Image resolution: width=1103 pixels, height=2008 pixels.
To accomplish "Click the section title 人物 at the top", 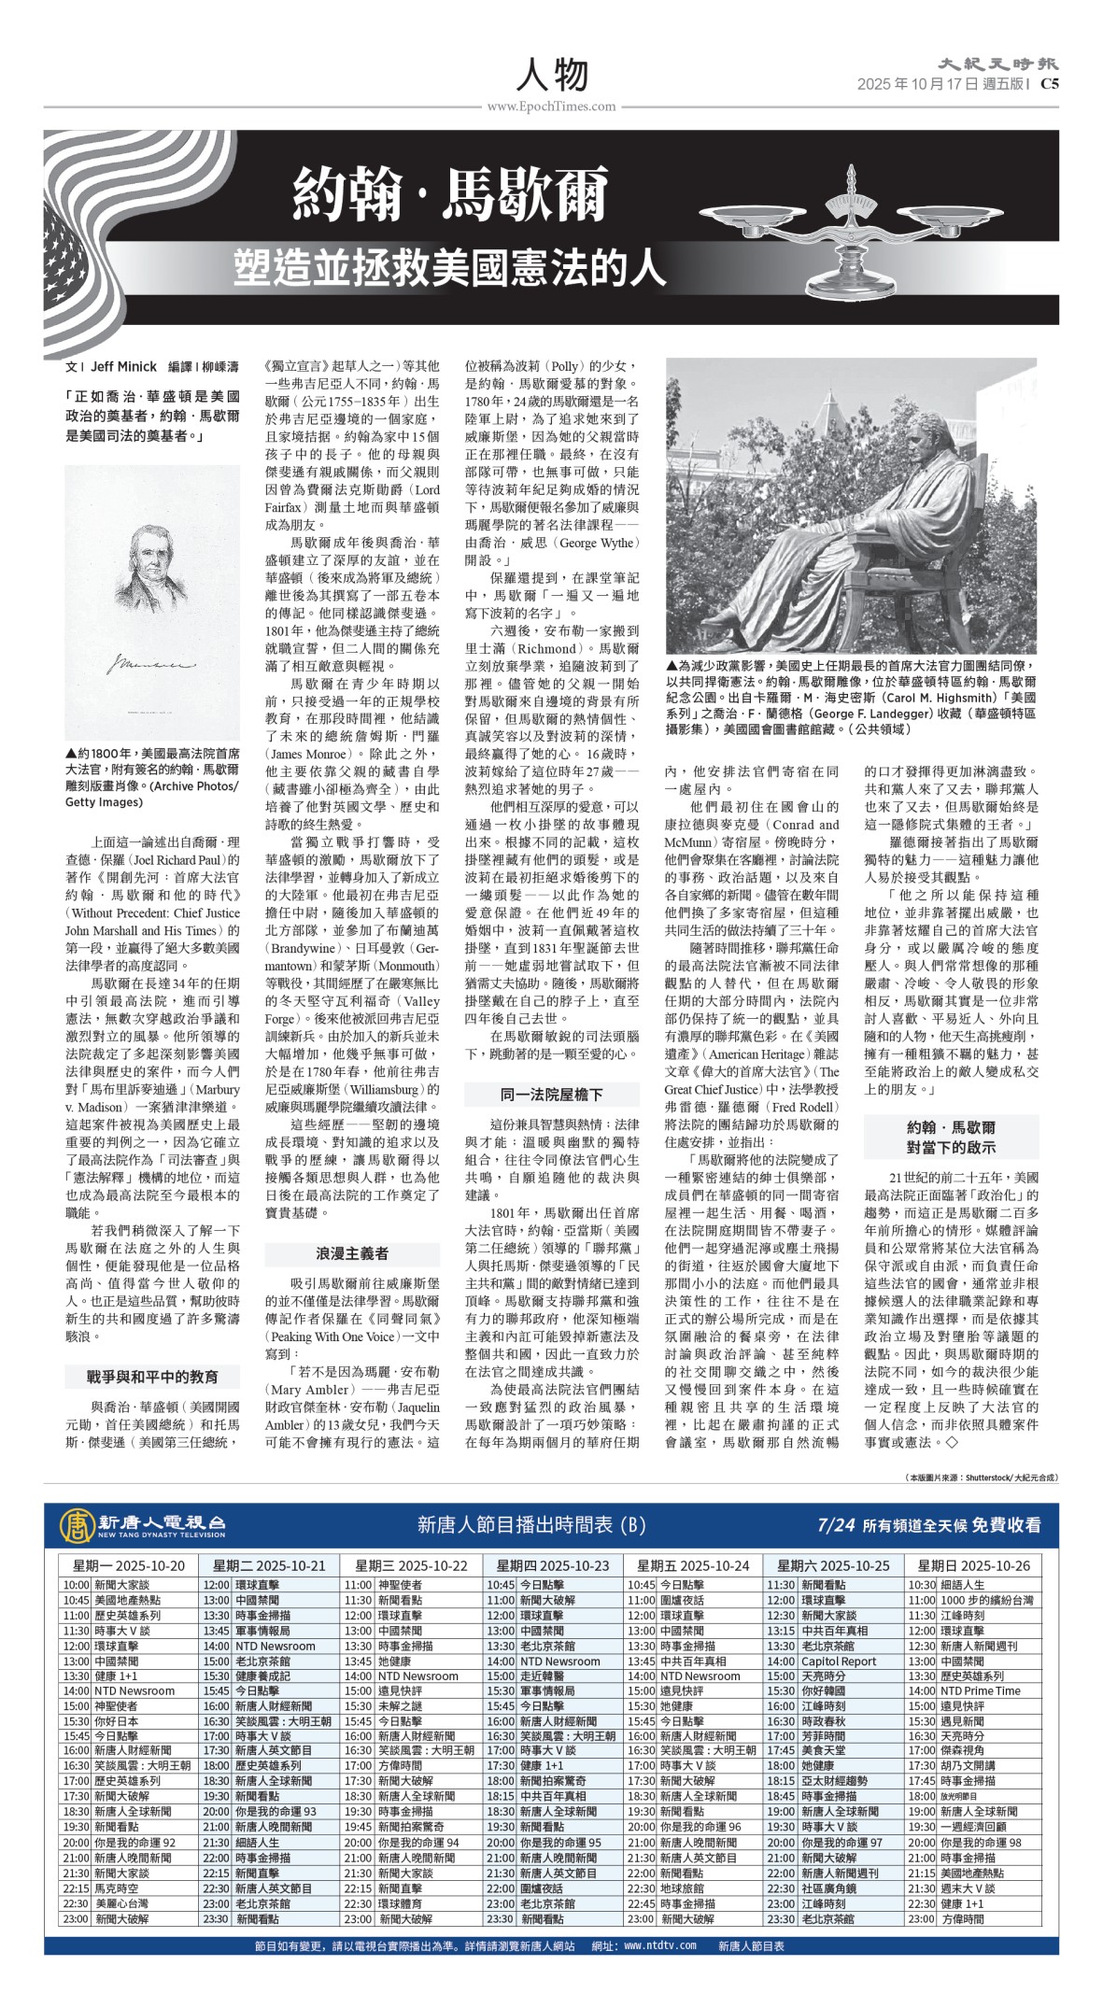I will coord(551,73).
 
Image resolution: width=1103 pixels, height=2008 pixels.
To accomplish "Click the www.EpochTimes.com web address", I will coord(551,106).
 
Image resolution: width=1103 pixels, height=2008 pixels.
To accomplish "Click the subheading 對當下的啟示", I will coord(951,1147).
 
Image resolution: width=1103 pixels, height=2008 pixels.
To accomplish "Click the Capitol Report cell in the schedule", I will coord(839,1662).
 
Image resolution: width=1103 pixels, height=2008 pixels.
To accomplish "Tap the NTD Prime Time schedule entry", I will coord(980,1690).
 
